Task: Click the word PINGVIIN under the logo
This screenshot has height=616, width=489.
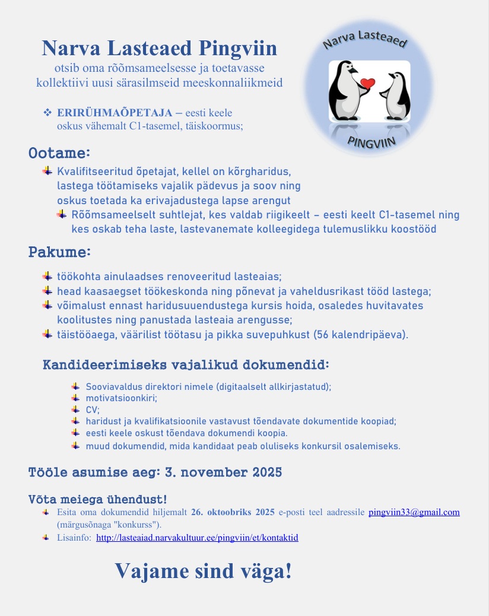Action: coord(371,141)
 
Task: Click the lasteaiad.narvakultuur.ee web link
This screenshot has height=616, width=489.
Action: coord(197,538)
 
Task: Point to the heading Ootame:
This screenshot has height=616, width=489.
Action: coord(59,154)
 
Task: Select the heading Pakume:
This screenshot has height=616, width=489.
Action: coord(59,252)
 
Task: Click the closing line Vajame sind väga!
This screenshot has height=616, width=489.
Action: coord(203,571)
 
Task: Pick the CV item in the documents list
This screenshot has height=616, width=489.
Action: coord(93,409)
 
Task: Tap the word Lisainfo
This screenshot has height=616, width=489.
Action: coord(74,538)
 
